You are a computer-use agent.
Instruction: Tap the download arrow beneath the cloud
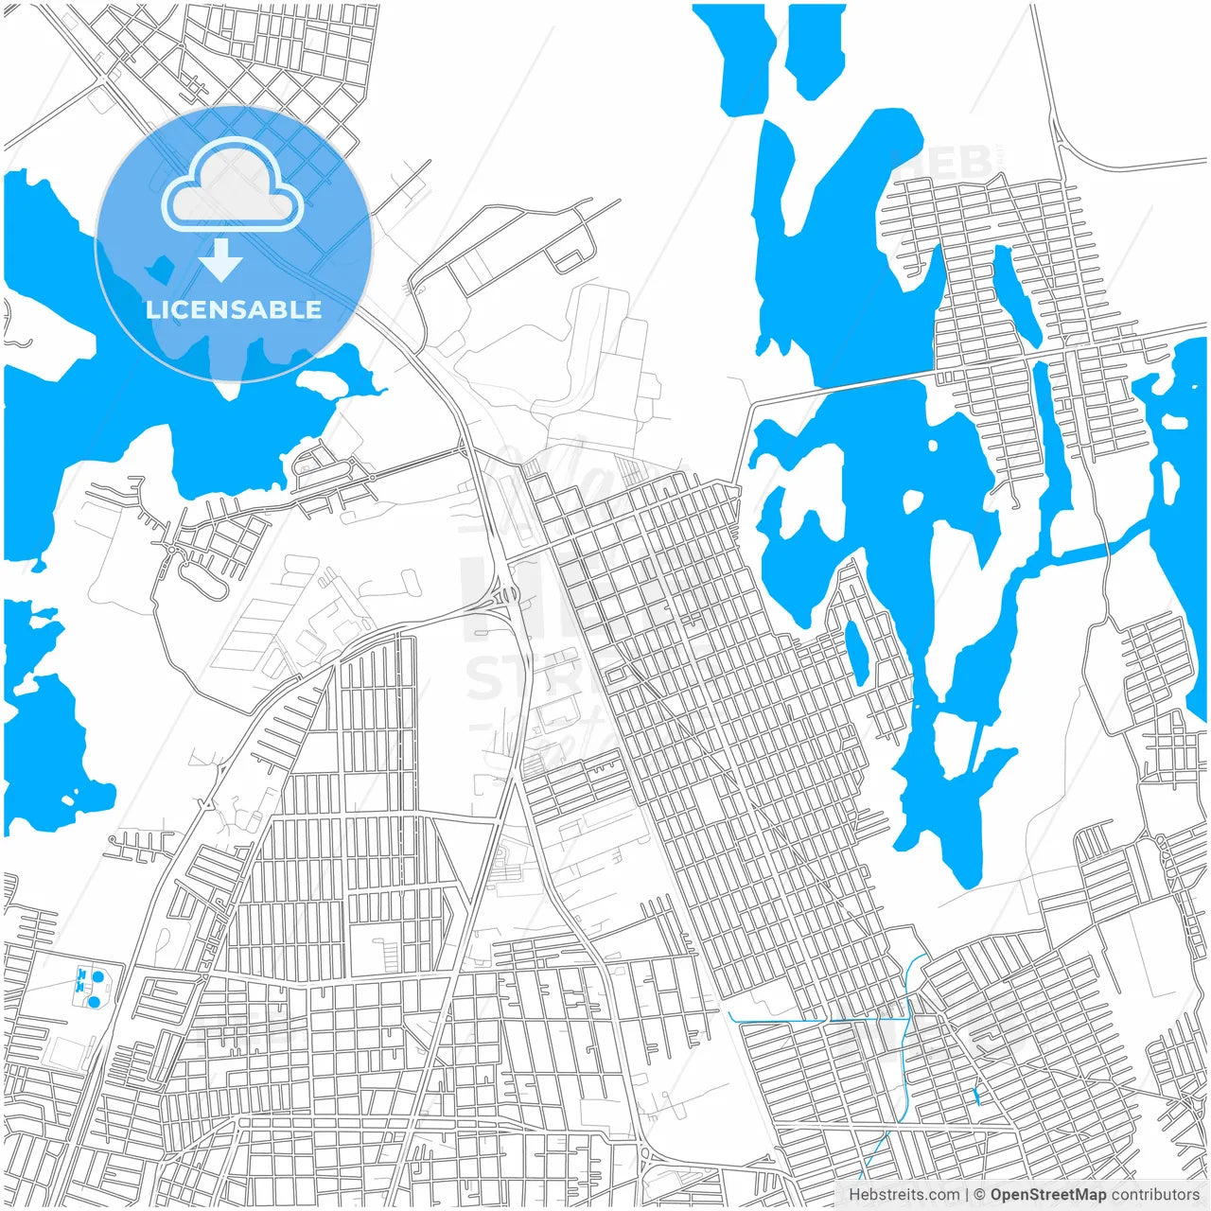coord(221,260)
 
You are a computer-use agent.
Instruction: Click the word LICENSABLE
coord(233,309)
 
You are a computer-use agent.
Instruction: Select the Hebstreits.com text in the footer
coord(904,1195)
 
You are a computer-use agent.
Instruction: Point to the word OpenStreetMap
coord(1047,1195)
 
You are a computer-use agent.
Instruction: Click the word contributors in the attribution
coord(1154,1195)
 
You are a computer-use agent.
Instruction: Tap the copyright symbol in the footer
coord(979,1195)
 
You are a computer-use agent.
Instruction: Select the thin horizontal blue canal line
coord(814,1020)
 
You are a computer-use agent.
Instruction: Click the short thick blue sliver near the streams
coord(975,1096)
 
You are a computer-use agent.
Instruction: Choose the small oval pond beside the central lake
coord(857,652)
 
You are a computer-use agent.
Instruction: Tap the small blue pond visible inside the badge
coord(158,270)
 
